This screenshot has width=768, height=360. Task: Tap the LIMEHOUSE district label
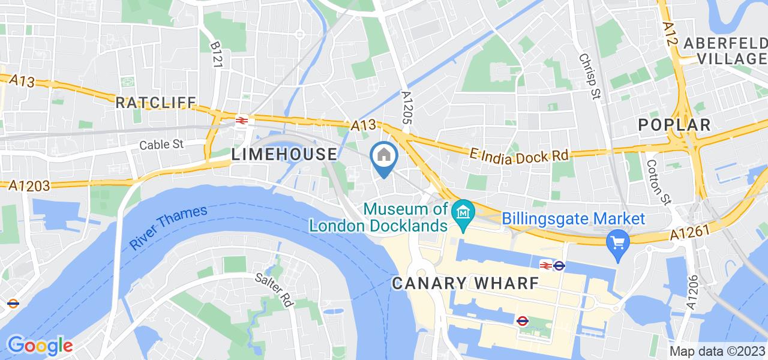[x=284, y=154]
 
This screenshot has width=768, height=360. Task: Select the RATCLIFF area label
[x=156, y=103]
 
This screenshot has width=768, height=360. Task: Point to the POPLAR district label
[x=674, y=125]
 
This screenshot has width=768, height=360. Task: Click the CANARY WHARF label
[x=465, y=283]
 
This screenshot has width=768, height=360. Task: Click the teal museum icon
[x=463, y=211]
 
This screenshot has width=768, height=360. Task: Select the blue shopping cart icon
[x=617, y=243]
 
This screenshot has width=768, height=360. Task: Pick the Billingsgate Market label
[x=574, y=219]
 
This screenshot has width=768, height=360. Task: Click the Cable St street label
[x=164, y=145]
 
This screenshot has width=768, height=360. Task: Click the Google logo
[x=40, y=346]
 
